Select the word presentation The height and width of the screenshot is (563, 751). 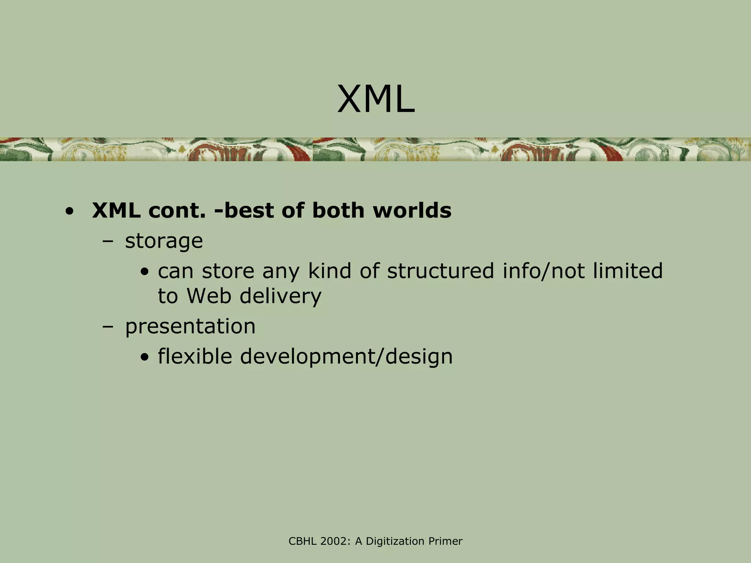pyautogui.click(x=190, y=326)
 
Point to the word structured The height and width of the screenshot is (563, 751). pyautogui.click(x=440, y=271)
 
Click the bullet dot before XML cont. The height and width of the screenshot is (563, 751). pyautogui.click(x=69, y=212)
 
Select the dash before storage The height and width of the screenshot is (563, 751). pyautogui.click(x=108, y=242)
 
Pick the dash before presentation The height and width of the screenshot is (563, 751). pyautogui.click(x=108, y=327)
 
